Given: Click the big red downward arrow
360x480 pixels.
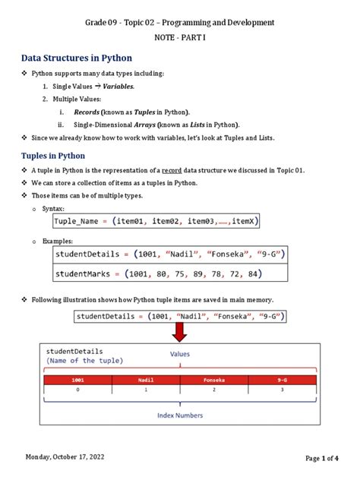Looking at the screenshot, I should coord(180,331).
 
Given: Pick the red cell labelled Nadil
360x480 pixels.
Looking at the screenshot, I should coord(146,379).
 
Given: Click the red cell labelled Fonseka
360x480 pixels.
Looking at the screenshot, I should coord(213,379).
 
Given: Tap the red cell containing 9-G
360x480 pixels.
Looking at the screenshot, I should coord(282,379).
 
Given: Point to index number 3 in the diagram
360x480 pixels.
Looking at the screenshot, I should coord(282,390).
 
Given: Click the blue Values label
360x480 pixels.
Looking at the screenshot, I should coord(180,354).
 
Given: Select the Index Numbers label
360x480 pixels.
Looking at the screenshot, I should coord(180,415).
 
